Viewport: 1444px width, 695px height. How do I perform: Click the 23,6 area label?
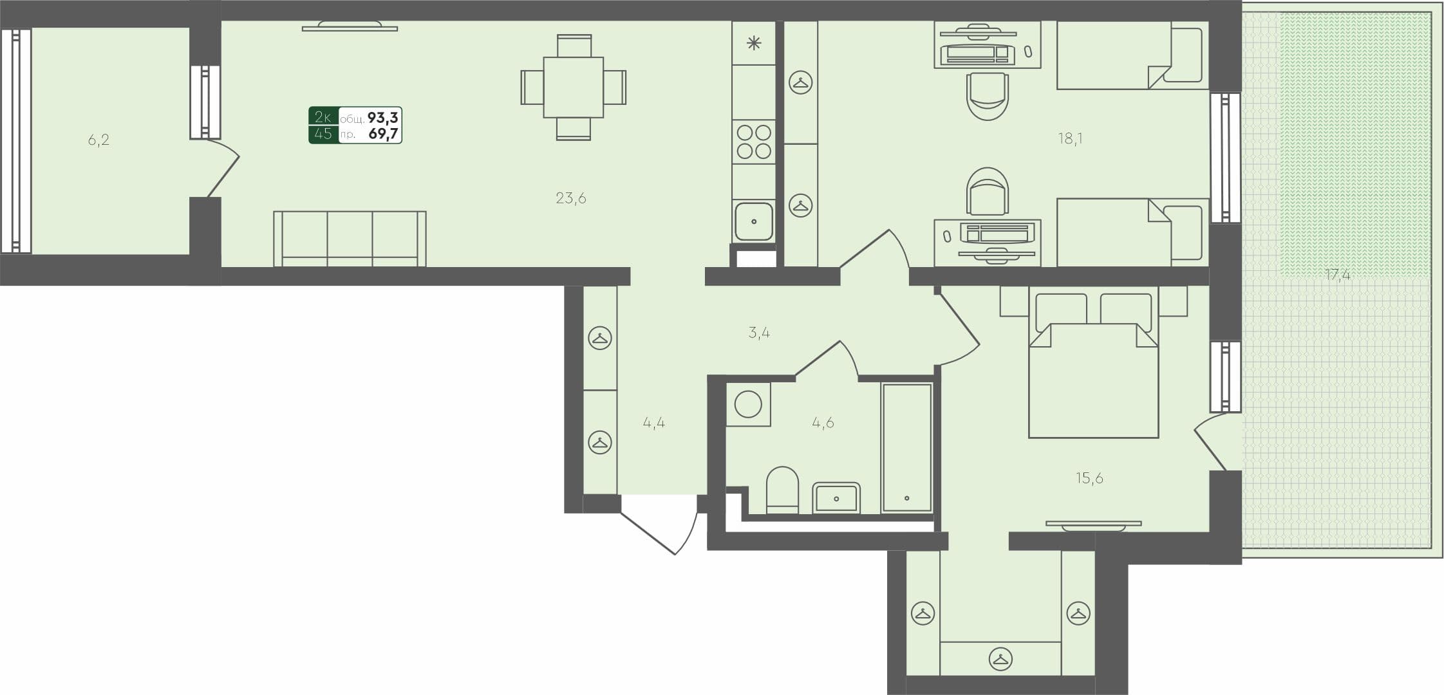(570, 198)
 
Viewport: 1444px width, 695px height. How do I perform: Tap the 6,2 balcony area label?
(98, 140)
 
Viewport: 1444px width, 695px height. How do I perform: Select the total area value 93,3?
(382, 117)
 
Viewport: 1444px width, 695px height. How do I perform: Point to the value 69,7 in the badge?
(383, 134)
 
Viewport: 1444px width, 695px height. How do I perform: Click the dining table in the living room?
(573, 88)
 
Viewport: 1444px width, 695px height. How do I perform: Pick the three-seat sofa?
(350, 238)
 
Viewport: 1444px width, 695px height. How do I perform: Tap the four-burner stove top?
(754, 142)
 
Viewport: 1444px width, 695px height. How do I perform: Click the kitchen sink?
(753, 221)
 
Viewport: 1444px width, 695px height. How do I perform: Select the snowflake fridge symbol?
(753, 43)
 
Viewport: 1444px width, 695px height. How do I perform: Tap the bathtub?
(906, 447)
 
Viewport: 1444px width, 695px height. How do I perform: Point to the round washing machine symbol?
(748, 405)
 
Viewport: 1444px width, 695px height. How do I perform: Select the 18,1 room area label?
(1070, 138)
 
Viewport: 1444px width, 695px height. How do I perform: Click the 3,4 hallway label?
(759, 333)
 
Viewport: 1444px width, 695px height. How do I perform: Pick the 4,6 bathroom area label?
(823, 423)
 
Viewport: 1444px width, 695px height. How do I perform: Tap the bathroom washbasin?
(836, 498)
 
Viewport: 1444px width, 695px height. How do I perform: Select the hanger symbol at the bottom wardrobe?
(1000, 659)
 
